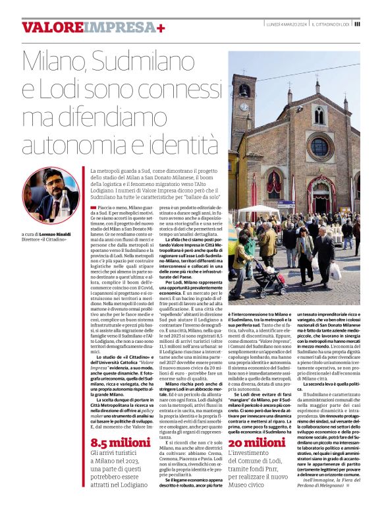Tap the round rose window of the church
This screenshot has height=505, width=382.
pyautogui.click(x=319, y=146)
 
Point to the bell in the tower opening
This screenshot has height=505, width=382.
pyautogui.click(x=244, y=87)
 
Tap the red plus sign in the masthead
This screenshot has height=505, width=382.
pyautogui.click(x=160, y=28)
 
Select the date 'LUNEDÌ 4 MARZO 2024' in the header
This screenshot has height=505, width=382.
pyautogui.click(x=284, y=24)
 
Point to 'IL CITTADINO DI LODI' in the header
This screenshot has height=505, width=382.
pyautogui.click(x=330, y=24)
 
